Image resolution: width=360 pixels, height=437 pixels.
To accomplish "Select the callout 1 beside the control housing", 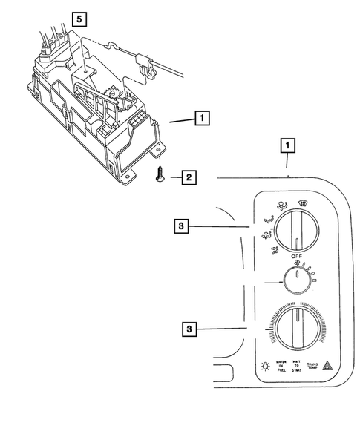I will click(x=201, y=117).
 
